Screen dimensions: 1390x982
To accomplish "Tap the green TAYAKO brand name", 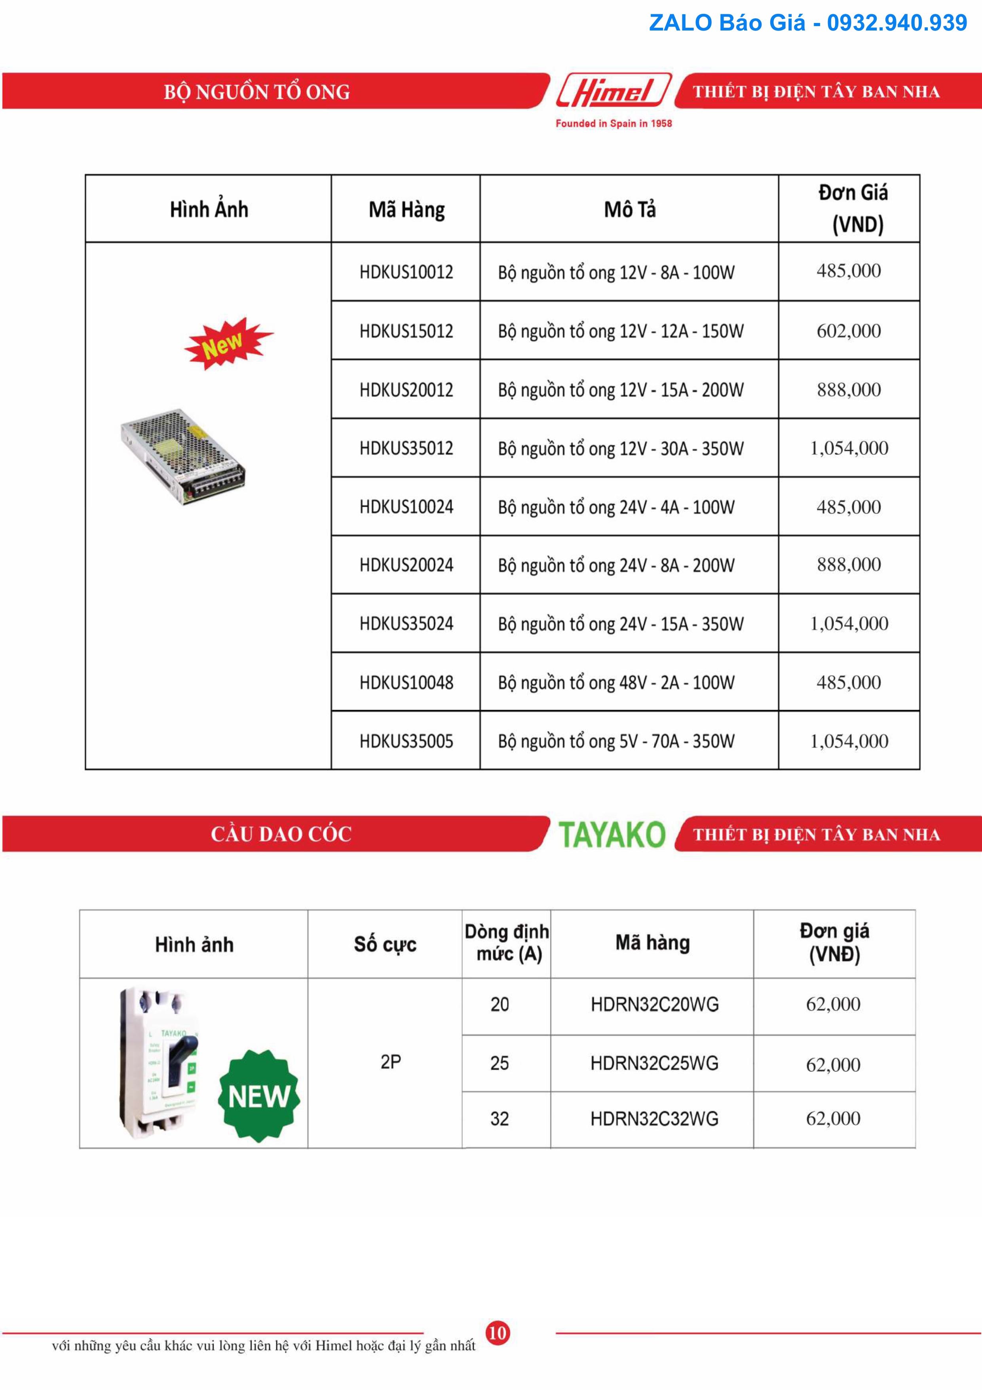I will point(611,834).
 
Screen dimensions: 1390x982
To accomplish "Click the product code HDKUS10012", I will point(406,272).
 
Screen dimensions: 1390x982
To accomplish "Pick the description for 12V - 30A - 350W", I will point(620,448).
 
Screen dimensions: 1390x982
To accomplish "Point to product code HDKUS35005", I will point(406,741).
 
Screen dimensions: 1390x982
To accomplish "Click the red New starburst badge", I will point(228,343).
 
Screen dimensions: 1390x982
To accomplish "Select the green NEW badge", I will point(259,1096).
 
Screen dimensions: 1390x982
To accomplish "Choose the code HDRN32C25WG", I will point(654,1063).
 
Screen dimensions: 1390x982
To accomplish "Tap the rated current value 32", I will point(499,1119).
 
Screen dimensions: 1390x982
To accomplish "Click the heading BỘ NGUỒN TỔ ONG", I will point(256,92).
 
